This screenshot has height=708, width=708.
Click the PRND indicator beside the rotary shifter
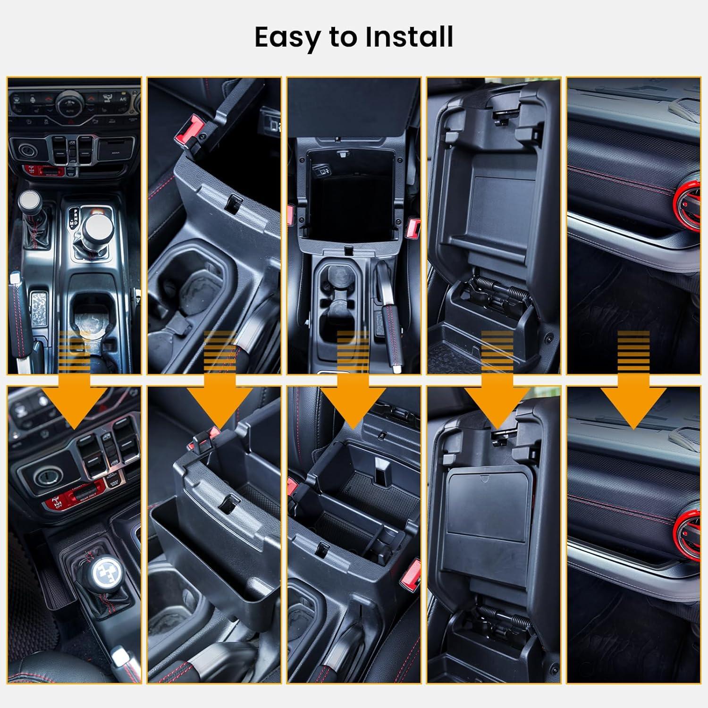click(x=73, y=217)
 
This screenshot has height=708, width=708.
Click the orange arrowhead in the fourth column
click(x=497, y=401)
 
